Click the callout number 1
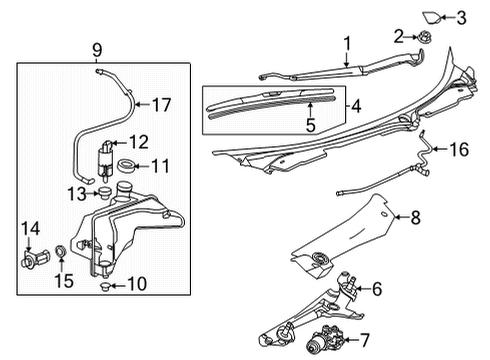[x=347, y=43]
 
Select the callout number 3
[x=462, y=16]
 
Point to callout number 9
[x=97, y=49]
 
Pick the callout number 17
[x=161, y=103]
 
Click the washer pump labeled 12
[x=103, y=153]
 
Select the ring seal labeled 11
[x=127, y=166]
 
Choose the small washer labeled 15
[x=62, y=250]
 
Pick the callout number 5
[x=311, y=125]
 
